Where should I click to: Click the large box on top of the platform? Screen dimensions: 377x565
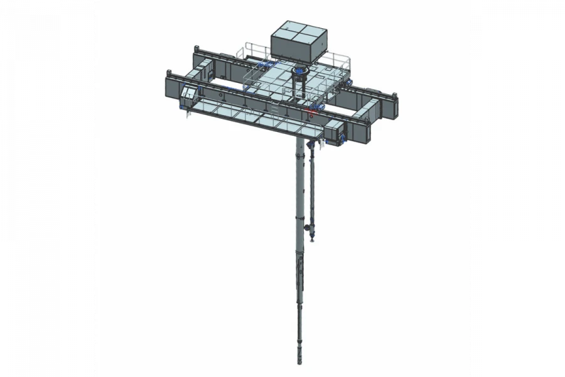[x=300, y=41]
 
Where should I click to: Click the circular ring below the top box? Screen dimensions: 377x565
[x=301, y=71]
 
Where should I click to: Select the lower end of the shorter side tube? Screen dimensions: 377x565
[x=312, y=238]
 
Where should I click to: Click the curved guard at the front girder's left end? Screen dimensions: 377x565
[x=187, y=97]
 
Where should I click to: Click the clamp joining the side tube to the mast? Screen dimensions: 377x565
[x=306, y=227]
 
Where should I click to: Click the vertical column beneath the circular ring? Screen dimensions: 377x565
[x=299, y=88]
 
